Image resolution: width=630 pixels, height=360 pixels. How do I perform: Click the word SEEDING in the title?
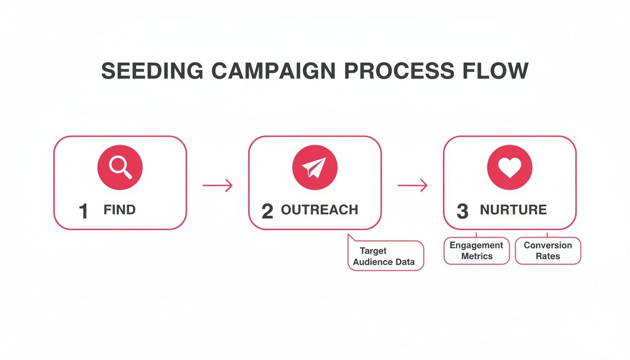point(152,71)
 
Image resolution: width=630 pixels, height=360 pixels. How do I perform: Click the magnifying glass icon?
point(120,167)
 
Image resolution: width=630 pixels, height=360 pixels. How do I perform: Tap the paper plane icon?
point(315,167)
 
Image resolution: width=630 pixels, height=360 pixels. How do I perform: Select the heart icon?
point(510,167)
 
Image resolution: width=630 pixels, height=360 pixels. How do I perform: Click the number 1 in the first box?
point(83,211)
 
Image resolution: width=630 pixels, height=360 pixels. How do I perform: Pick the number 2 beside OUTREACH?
point(267,211)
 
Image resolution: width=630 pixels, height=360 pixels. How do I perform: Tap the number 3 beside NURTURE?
point(462,211)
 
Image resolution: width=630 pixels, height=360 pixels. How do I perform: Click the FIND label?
point(120,210)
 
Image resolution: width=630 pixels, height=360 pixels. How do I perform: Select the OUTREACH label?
point(319,210)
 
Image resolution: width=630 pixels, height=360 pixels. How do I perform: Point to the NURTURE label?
point(513,210)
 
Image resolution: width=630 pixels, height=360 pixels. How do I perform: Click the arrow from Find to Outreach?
point(217,186)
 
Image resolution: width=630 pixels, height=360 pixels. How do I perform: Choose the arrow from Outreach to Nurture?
point(412,186)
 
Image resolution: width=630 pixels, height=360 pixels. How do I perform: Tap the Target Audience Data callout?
point(385,256)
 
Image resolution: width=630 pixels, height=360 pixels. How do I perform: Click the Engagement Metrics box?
point(476,251)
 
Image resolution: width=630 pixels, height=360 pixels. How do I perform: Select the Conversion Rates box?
point(547,251)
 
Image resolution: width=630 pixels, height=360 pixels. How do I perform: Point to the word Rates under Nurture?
point(547,256)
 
